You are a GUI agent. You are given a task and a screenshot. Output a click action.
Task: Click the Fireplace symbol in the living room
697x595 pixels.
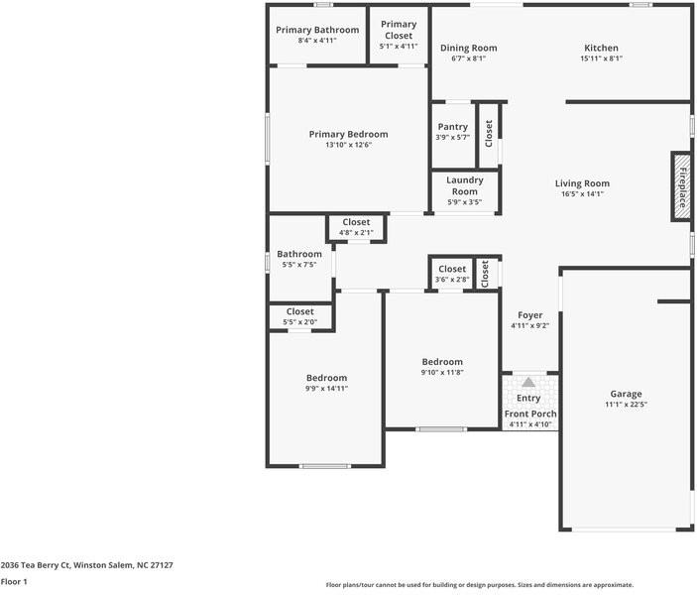point(681,185)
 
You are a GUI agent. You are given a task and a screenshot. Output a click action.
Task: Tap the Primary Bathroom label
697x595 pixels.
point(318,30)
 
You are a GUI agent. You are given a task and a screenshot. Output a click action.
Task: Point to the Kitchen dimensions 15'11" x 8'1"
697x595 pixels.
point(601,59)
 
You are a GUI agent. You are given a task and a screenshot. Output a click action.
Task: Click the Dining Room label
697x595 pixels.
point(468,48)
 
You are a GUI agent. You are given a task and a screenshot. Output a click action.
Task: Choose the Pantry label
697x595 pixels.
point(452,127)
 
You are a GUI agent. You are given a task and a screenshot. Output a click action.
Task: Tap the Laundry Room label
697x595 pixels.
point(464,185)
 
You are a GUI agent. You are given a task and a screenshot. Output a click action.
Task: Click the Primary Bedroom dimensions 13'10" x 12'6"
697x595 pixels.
point(348,145)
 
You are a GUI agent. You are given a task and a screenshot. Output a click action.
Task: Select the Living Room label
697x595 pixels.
point(582,183)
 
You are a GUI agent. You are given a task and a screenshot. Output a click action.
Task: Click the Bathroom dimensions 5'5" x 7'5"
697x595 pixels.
point(299,265)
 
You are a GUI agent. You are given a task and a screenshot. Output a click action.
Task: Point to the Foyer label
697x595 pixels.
point(529,315)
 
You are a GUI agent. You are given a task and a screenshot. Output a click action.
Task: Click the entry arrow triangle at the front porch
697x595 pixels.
point(528,382)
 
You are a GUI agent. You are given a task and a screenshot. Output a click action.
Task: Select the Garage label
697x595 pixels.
point(626,393)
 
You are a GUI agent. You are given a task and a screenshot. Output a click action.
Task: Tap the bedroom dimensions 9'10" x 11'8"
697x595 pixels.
point(441,373)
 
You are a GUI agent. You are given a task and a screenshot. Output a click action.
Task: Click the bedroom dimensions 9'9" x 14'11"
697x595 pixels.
point(326,389)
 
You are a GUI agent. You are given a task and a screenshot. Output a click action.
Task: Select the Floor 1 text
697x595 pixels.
point(14,582)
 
